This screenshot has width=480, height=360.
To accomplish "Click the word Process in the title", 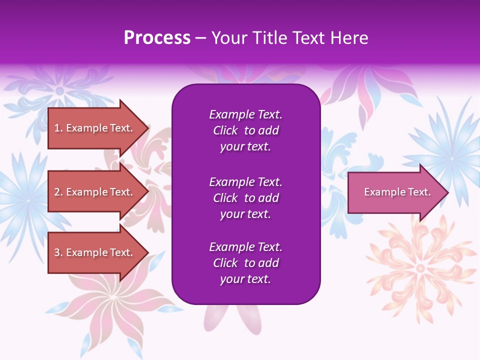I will (x=157, y=38).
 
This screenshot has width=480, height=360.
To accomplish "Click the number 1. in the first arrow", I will (x=58, y=128).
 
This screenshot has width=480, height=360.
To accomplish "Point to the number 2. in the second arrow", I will (x=58, y=192).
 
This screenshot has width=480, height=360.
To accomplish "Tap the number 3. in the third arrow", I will (x=58, y=252).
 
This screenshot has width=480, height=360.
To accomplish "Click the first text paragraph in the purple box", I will (x=245, y=130).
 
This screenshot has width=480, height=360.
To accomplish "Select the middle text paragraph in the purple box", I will (x=245, y=198).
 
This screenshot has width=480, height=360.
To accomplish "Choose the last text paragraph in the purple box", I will (x=245, y=263).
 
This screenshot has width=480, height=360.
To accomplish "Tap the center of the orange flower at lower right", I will (x=420, y=268).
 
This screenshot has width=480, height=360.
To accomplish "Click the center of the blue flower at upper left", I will (x=60, y=90).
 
